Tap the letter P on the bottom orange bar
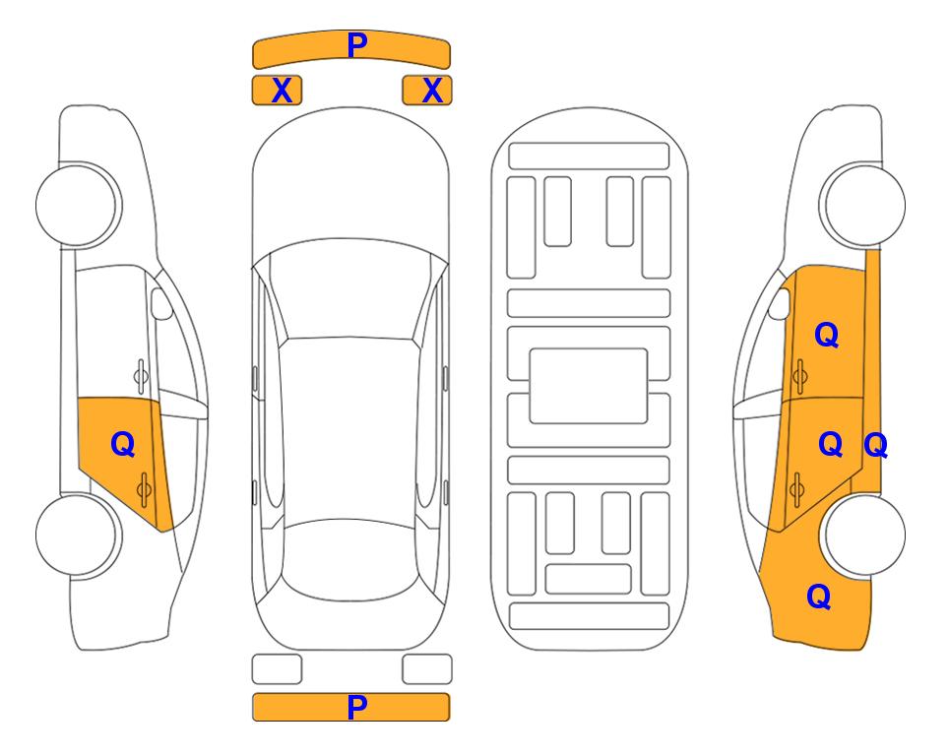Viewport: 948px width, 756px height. tap(356, 707)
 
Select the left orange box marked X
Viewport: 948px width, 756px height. tap(277, 91)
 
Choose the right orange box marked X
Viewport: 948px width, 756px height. tap(427, 91)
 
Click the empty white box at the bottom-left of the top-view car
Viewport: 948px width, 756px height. tap(277, 669)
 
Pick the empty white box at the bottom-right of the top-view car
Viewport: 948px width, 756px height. tap(427, 669)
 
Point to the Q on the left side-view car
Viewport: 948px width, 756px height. tap(123, 445)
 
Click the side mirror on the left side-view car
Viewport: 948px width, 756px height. tap(160, 303)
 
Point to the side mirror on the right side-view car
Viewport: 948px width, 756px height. tap(780, 303)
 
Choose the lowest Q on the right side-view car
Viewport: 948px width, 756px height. tap(819, 597)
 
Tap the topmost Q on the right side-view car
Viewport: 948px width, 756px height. tap(827, 335)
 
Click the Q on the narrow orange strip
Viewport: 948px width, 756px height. tap(876, 446)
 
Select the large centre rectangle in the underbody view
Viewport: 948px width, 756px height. tap(589, 386)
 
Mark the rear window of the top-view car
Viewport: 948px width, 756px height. tap(349, 559)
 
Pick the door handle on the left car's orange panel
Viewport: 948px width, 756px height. tap(144, 489)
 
